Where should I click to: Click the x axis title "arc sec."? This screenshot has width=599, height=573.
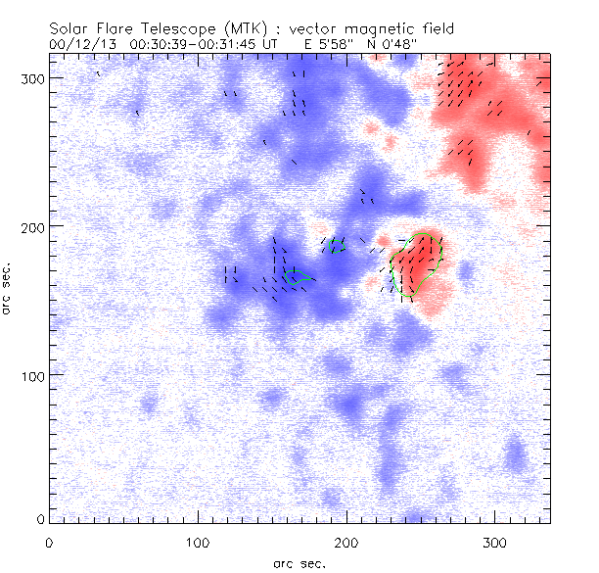coord(299,562)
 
